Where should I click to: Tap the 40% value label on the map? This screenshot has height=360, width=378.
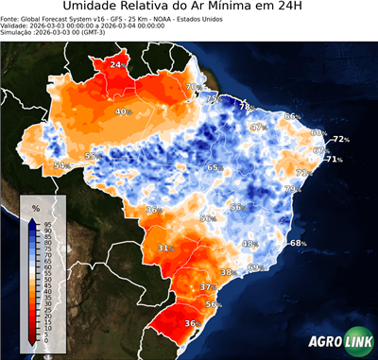[123, 111]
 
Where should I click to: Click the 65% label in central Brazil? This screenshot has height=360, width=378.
[215, 167]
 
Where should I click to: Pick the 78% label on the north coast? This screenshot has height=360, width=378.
[245, 107]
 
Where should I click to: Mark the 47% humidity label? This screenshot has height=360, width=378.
[258, 127]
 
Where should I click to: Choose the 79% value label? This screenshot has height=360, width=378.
[292, 190]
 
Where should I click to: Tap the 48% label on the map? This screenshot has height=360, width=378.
[249, 244]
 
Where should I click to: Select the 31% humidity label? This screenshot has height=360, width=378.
[165, 248]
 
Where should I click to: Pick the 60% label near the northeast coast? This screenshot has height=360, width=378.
[318, 132]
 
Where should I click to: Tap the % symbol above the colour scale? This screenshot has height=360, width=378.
[35, 207]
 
